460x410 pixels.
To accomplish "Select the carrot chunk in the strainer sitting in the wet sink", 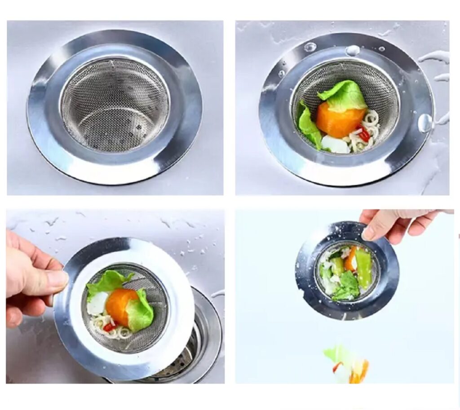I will [x=338, y=119].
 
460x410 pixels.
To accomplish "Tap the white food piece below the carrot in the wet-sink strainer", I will [x=335, y=145].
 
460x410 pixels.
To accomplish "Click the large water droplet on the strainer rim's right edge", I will [x=425, y=123].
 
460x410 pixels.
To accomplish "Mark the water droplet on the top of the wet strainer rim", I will [x=352, y=50].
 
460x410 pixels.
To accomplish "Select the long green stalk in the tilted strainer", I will [x=363, y=268].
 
